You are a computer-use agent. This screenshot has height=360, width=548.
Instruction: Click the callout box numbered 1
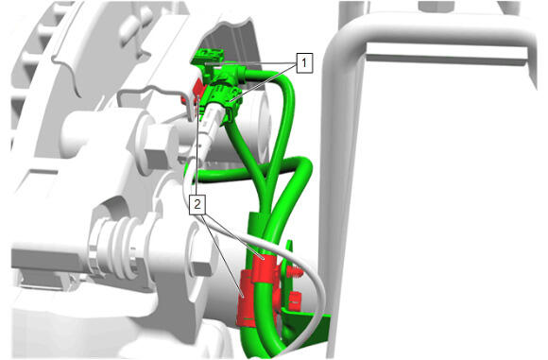[x=304, y=63]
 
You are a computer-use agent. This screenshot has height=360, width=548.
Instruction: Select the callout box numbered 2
[x=197, y=204]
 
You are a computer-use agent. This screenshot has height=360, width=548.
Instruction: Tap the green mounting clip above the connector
[x=208, y=57]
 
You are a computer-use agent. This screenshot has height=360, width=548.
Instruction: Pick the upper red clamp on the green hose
[x=265, y=267]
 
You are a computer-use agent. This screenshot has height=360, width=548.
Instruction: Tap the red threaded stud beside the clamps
[x=295, y=271]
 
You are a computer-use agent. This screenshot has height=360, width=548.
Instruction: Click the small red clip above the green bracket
[x=295, y=300]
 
